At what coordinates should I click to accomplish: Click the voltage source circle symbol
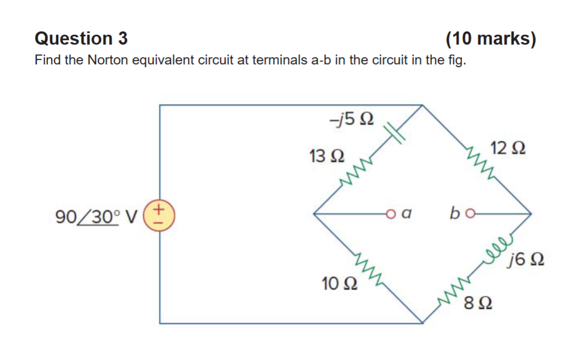pos(160,214)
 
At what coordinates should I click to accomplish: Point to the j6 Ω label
pos(527,258)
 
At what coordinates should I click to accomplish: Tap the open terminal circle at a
pos(391,213)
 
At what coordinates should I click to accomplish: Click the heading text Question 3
pos(81,38)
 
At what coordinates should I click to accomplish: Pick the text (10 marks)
pos(491,38)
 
